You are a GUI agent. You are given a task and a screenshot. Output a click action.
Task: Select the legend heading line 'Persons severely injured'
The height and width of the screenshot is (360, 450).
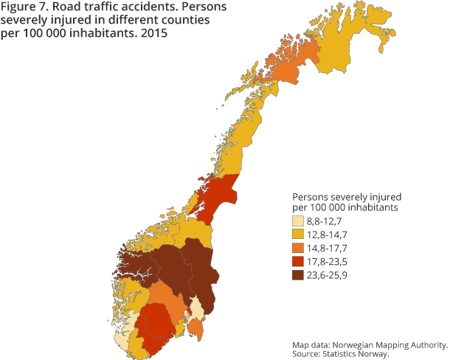point(347,197)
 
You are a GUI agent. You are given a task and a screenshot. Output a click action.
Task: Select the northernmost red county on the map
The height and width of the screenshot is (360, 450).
point(218,193)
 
